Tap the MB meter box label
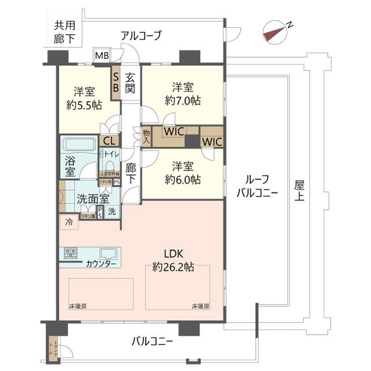pyautogui.click(x=101, y=56)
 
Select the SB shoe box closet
pyautogui.click(x=116, y=81)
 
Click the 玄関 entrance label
pyautogui.click(x=130, y=81)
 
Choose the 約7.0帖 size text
pyautogui.click(x=183, y=100)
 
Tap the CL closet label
pyautogui.click(x=109, y=140)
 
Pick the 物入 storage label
pyautogui.click(x=146, y=137)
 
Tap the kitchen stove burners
pyautogui.click(x=72, y=253)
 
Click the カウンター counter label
pyautogui.click(x=101, y=264)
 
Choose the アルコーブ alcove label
pyautogui.click(x=141, y=36)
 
